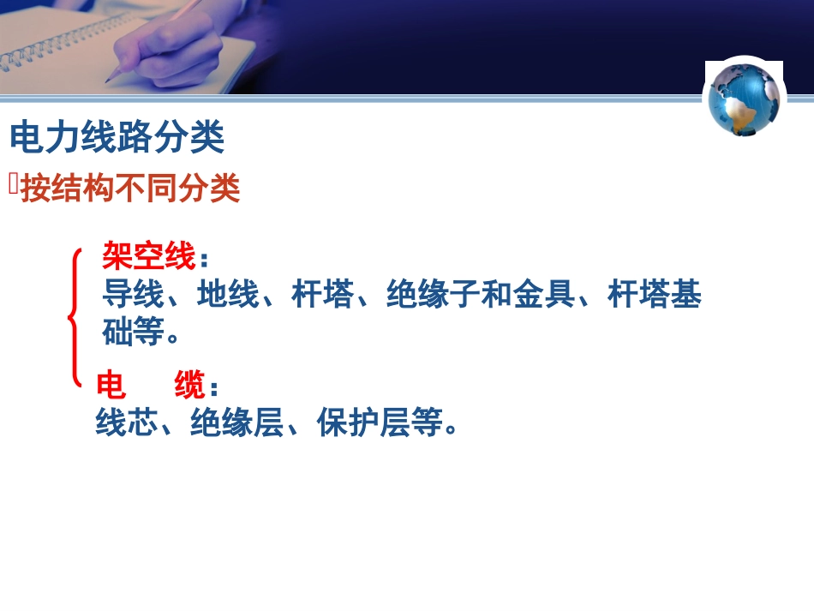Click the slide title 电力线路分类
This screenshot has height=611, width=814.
pyautogui.click(x=117, y=137)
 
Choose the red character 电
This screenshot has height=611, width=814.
pyautogui.click(x=111, y=386)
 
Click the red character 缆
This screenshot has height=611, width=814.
pyautogui.click(x=189, y=386)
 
